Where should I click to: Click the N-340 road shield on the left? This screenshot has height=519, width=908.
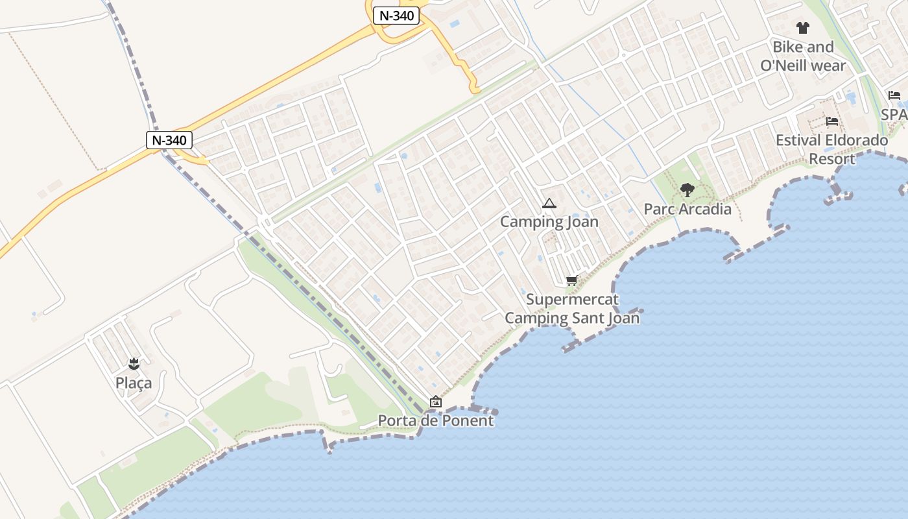(x=169, y=139)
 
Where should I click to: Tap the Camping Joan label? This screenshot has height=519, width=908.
(x=549, y=222)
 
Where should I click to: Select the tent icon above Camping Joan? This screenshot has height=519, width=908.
(x=549, y=204)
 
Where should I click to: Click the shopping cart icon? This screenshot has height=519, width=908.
(x=571, y=281)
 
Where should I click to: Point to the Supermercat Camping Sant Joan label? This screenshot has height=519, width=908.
(x=571, y=309)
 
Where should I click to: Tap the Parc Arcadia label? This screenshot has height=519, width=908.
(x=687, y=209)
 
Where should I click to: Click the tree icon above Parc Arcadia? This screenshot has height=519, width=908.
(x=687, y=190)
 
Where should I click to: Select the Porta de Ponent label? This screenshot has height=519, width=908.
(x=436, y=420)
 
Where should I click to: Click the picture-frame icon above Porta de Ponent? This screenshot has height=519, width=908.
(x=436, y=402)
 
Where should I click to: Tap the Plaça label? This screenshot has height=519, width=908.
(x=134, y=383)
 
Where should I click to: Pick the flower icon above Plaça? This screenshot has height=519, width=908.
(x=134, y=363)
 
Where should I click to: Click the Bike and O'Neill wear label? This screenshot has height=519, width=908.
(x=803, y=56)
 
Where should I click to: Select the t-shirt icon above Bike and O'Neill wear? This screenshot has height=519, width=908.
(x=803, y=28)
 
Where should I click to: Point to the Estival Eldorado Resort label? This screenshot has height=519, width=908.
(x=832, y=149)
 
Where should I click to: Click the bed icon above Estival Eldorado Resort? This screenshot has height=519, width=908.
(x=832, y=121)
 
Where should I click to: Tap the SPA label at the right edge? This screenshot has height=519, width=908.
(x=894, y=114)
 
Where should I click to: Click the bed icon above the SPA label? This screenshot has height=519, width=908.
(x=894, y=95)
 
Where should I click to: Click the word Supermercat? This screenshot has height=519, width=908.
(x=572, y=300)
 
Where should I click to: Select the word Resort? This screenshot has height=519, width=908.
(x=832, y=159)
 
